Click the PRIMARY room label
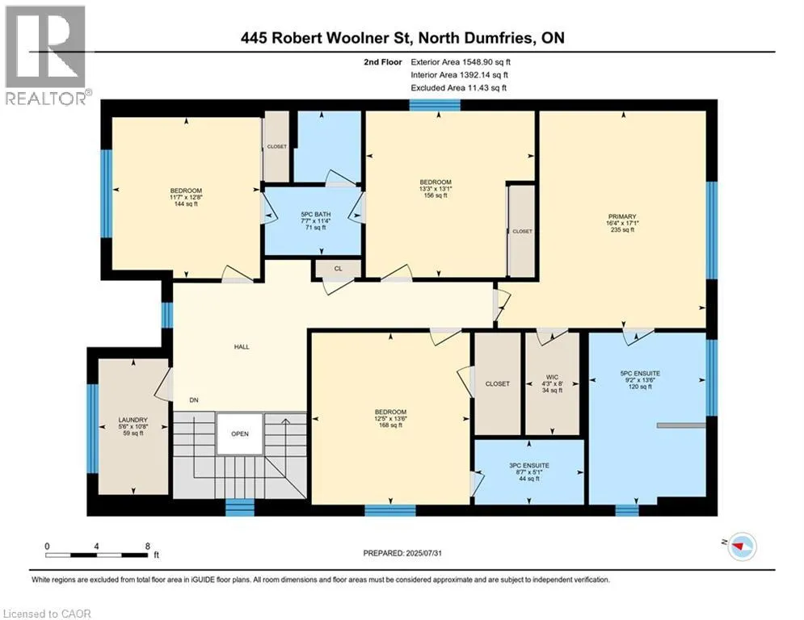click(622, 216)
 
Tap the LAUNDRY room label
click(133, 420)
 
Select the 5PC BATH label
click(315, 214)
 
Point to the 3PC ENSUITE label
click(529, 465)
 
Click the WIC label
click(552, 377)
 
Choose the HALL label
click(242, 347)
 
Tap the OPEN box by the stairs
click(239, 434)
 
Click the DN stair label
click(194, 400)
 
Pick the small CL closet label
click(338, 269)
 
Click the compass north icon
click(742, 547)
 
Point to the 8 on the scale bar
click(148, 547)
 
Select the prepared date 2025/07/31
click(423, 553)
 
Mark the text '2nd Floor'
click(383, 62)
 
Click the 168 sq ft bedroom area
click(390, 425)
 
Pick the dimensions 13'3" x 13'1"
click(436, 189)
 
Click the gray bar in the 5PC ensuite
click(681, 425)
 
